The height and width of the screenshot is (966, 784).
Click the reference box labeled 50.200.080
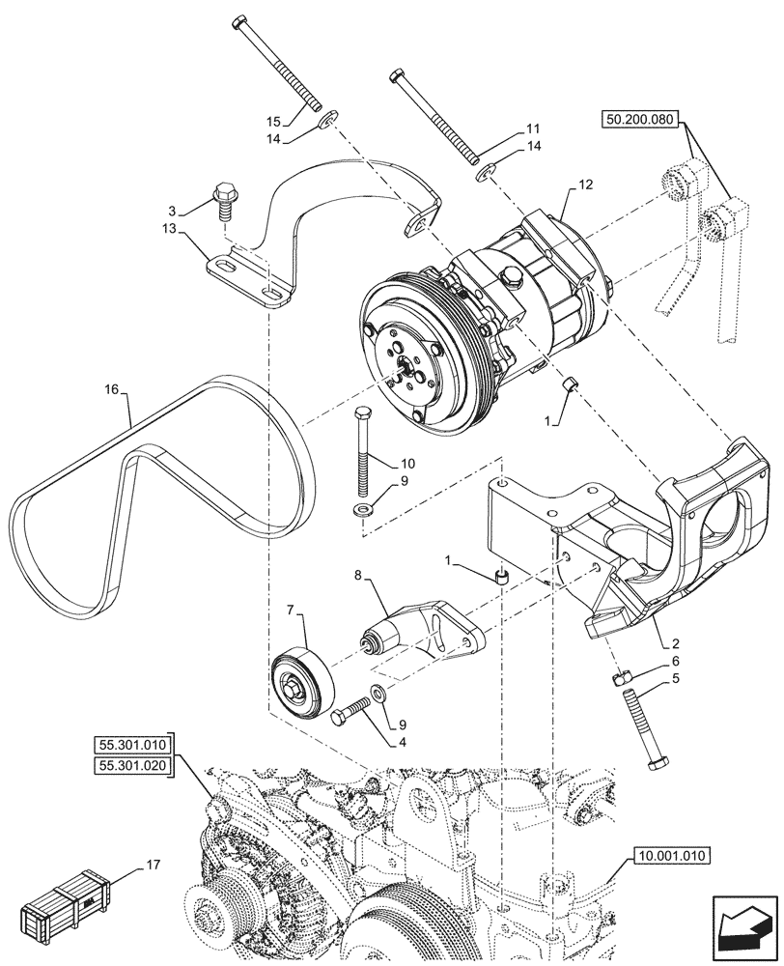point(641,121)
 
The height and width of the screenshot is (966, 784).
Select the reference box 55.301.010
point(131,744)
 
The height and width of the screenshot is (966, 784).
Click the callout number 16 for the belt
point(111,390)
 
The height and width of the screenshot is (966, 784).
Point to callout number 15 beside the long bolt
point(273,122)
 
